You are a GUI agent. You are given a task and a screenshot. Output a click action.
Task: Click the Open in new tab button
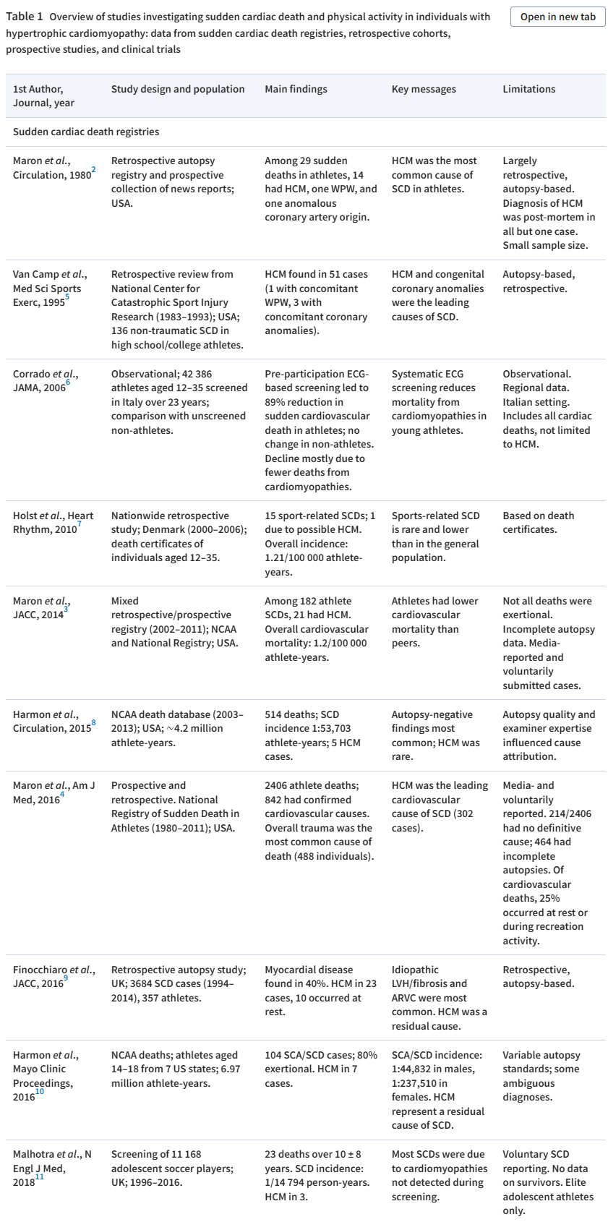tap(557, 17)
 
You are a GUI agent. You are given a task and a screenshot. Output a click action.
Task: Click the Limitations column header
tap(528, 89)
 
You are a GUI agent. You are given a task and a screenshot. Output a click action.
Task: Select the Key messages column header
tap(424, 89)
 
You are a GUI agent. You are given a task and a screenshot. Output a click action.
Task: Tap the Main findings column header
tap(296, 89)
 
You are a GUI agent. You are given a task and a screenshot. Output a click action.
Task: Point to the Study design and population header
tap(178, 89)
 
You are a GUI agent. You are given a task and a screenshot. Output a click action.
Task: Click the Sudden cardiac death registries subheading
tap(86, 132)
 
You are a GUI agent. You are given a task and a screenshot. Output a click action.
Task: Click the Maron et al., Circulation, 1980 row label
tap(52, 168)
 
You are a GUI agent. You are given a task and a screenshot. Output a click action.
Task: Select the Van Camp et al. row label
tap(49, 288)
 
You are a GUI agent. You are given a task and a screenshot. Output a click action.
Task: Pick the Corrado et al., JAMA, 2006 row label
tap(45, 380)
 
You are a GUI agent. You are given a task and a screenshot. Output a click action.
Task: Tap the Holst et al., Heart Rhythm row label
tap(53, 522)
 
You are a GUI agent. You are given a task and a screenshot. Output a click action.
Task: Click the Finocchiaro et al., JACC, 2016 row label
tap(53, 976)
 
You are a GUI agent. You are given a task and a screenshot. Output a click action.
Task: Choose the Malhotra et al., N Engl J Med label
tap(52, 1168)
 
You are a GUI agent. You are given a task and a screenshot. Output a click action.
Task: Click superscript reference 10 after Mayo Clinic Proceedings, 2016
tap(40, 1092)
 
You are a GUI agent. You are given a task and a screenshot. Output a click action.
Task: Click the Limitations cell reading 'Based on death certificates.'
tap(538, 522)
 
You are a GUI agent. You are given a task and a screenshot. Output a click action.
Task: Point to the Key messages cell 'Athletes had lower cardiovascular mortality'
tap(436, 621)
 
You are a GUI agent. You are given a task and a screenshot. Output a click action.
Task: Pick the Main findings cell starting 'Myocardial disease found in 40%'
tap(313, 990)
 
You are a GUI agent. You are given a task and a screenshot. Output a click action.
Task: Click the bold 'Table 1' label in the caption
tap(24, 17)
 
